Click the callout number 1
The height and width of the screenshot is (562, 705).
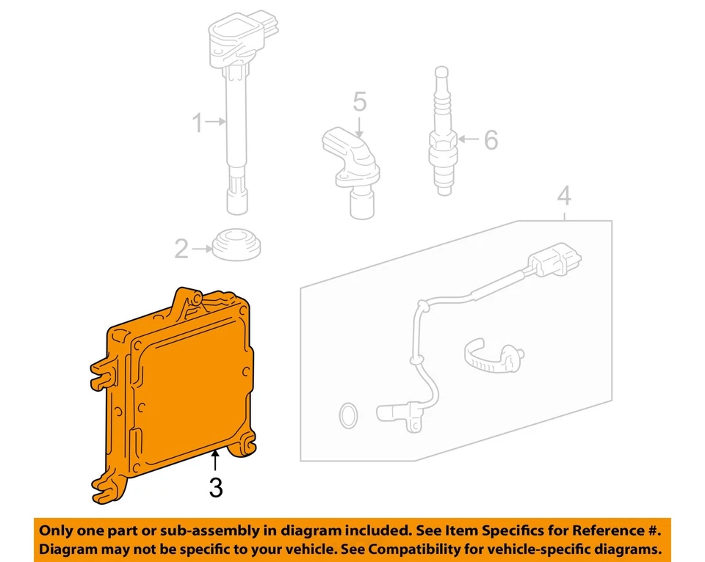pyautogui.click(x=197, y=124)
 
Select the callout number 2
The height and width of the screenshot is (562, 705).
pyautogui.click(x=181, y=250)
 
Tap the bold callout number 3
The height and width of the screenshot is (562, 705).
pyautogui.click(x=215, y=487)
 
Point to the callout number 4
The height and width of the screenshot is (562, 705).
pyautogui.click(x=563, y=196)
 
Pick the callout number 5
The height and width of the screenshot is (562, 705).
pyautogui.click(x=358, y=103)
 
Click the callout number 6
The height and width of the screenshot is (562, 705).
pyautogui.click(x=490, y=139)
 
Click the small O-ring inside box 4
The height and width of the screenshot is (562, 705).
pyautogui.click(x=348, y=416)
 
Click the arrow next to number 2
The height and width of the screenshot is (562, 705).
pyautogui.click(x=202, y=250)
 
